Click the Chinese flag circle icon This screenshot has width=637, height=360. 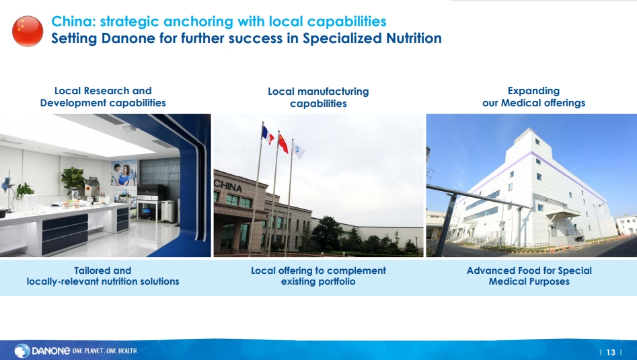(28, 31)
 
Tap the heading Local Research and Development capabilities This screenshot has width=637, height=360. (103, 97)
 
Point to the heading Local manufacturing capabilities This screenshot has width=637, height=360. (318, 98)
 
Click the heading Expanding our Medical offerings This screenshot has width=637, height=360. (534, 97)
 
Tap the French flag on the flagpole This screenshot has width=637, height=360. (268, 135)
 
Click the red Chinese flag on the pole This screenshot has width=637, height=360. (283, 143)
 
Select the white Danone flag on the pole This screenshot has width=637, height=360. (298, 149)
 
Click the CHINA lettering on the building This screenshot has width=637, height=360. (228, 186)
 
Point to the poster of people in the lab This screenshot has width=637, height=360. (124, 179)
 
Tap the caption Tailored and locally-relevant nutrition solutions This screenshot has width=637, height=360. (103, 276)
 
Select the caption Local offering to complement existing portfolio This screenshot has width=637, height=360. (318, 276)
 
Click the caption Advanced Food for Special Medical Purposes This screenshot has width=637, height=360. (529, 276)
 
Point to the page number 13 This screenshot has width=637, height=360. (611, 353)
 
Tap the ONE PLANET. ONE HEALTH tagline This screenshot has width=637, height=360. (104, 351)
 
